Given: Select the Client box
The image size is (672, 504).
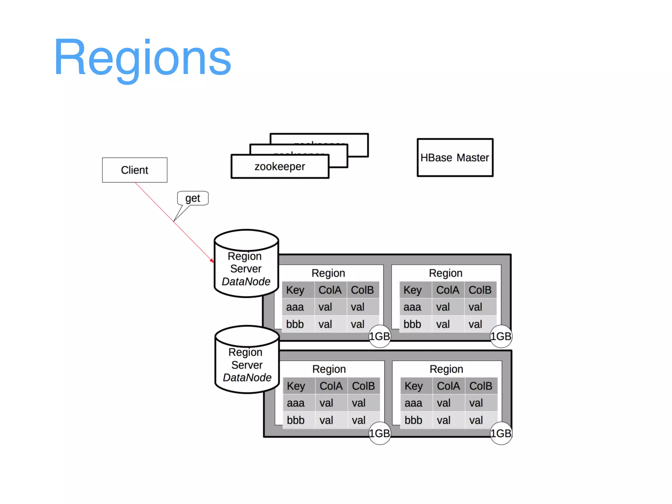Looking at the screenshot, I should (x=135, y=170).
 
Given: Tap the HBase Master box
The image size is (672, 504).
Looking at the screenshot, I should (x=455, y=157).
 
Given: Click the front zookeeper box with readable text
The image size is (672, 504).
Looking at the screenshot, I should (x=280, y=167).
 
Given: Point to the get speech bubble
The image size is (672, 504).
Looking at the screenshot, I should (x=193, y=198).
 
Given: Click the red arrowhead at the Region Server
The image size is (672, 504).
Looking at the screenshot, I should (x=212, y=261).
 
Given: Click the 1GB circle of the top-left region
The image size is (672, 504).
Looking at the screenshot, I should (x=380, y=336).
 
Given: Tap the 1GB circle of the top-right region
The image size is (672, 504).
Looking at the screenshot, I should (x=501, y=336).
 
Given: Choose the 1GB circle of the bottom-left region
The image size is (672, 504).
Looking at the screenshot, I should (x=380, y=433).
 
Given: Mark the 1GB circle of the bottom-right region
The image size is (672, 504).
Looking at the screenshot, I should (x=501, y=433).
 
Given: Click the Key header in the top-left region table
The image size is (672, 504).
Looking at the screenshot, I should (x=295, y=290).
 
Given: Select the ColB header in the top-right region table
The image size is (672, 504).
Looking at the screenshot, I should (x=480, y=290).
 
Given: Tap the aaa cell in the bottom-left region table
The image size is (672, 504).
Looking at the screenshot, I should (x=296, y=403).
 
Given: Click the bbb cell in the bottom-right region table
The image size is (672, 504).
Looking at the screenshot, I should (x=413, y=420).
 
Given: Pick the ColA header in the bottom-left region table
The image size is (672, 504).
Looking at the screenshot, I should (x=331, y=386).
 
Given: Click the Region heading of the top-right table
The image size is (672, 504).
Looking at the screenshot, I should (x=446, y=273).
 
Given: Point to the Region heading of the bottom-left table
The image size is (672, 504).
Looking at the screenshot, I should (x=329, y=369).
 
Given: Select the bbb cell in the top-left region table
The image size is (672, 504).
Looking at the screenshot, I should (x=295, y=324).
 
